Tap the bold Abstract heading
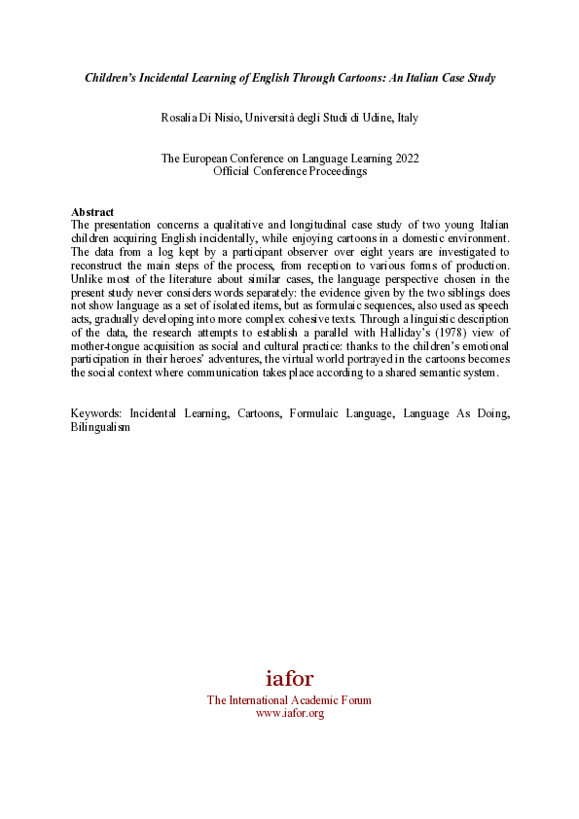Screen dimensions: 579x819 click(x=92, y=212)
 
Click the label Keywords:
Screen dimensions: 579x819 click(x=97, y=413)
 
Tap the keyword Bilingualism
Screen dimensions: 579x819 click(x=100, y=426)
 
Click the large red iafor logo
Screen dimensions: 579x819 click(x=289, y=679)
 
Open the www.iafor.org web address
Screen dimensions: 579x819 click(x=289, y=713)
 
